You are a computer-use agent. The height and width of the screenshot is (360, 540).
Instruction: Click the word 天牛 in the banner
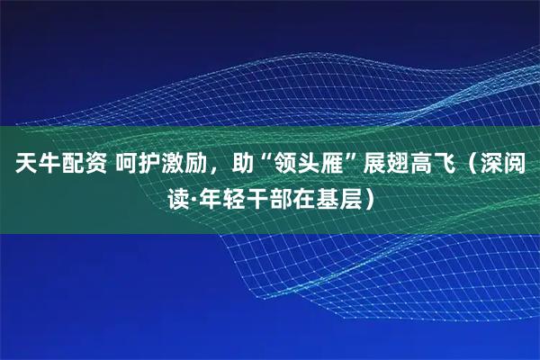(x=32, y=165)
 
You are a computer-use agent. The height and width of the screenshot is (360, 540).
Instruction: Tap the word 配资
(x=81, y=165)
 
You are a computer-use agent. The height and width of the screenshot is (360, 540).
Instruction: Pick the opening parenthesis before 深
(x=474, y=165)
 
